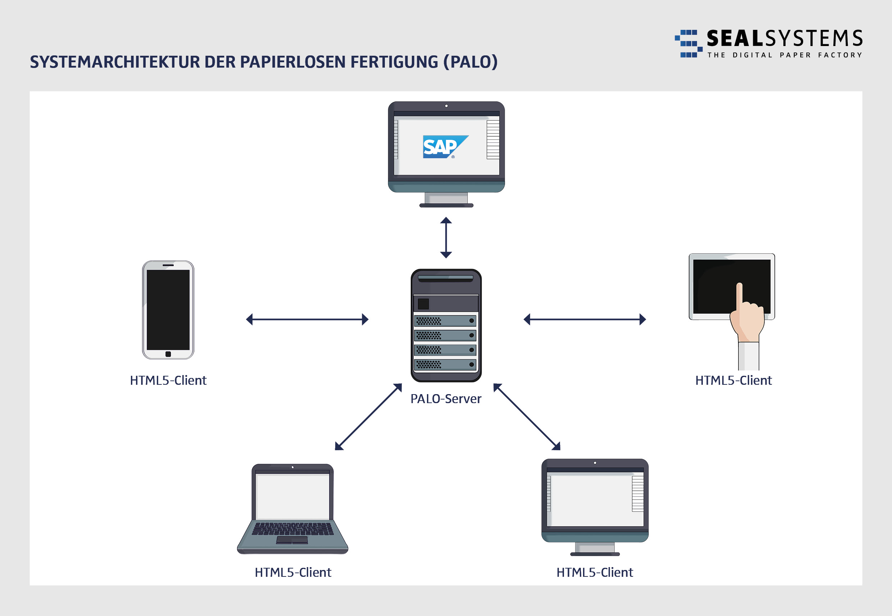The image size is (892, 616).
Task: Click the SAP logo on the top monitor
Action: [445, 147]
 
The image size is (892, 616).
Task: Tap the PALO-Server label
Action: [446, 399]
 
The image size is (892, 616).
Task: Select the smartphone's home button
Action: [168, 354]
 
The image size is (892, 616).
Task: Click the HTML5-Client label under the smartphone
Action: [168, 380]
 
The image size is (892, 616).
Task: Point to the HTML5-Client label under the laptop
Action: [293, 572]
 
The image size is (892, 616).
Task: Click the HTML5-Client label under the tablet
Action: [733, 380]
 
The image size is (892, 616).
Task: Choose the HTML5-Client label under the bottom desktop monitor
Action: [595, 572]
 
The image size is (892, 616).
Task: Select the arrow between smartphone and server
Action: [307, 319]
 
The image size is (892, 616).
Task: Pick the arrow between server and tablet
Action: [584, 319]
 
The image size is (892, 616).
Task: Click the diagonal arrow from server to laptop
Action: [369, 417]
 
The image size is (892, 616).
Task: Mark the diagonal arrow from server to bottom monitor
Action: [527, 417]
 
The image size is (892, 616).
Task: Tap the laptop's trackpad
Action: [292, 539]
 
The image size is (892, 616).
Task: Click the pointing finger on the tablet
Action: [739, 297]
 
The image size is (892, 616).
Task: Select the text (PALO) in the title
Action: [470, 62]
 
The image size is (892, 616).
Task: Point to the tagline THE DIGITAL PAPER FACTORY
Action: [784, 55]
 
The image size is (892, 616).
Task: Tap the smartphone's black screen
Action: [168, 310]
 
